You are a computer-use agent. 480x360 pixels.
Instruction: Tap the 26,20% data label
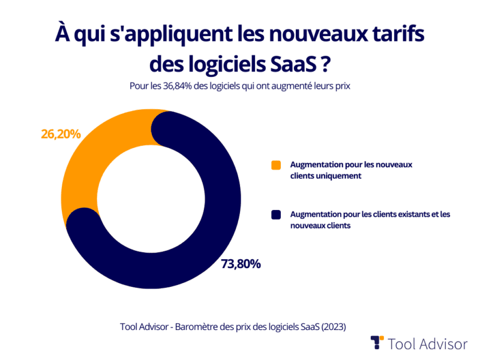[61, 134]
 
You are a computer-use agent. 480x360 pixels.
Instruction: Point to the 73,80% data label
[240, 264]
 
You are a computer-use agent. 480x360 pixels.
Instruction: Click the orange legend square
[276, 165]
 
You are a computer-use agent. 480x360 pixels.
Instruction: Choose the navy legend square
[276, 215]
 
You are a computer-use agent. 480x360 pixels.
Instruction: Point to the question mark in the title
[327, 62]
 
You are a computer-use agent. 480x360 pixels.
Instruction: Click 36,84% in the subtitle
[173, 86]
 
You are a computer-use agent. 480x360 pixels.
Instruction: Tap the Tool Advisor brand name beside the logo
[427, 344]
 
